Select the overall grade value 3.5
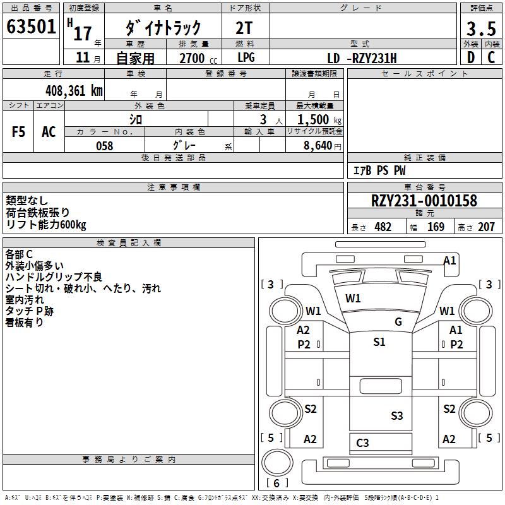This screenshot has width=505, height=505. tap(480, 28)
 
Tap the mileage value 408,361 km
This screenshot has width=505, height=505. tap(74, 90)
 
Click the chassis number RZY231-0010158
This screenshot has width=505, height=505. tap(424, 201)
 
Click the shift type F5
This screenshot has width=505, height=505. tap(18, 132)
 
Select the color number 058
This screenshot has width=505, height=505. tap(104, 146)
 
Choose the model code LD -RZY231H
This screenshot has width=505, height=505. tap(362, 58)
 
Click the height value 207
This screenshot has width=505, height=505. tap(486, 227)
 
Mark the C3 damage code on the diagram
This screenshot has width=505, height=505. tap(362, 443)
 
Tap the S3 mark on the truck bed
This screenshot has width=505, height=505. tap(396, 415)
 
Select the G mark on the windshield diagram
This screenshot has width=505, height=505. tap(398, 321)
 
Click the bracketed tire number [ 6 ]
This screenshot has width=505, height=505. tap(275, 483)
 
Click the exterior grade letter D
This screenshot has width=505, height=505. tap(470, 58)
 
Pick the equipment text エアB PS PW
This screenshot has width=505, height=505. tap(379, 170)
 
